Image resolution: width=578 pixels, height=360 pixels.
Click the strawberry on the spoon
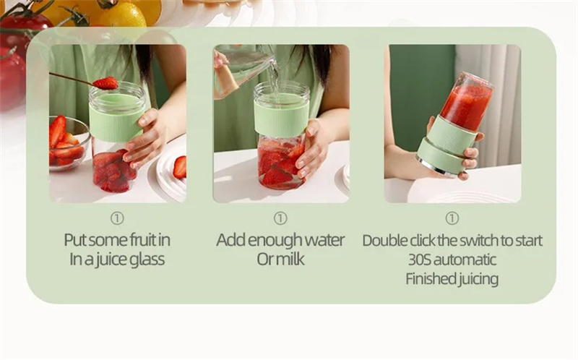[x=105, y=83]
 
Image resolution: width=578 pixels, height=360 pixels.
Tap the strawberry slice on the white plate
[x=180, y=167]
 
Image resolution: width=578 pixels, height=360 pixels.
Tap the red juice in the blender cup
[x=466, y=106]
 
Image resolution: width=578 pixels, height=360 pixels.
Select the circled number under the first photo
[x=117, y=219]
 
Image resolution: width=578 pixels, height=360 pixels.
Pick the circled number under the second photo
[x=280, y=218]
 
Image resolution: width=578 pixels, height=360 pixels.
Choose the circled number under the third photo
[x=452, y=218]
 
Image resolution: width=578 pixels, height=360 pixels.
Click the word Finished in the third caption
[x=428, y=279]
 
